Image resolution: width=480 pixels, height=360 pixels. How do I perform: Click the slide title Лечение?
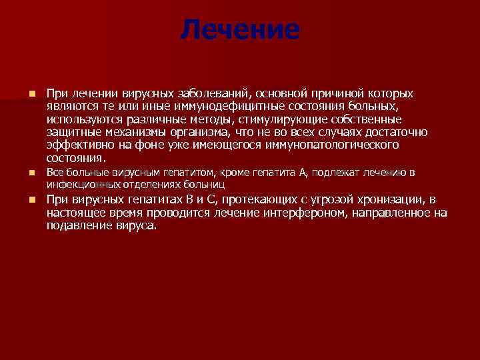tap(240, 29)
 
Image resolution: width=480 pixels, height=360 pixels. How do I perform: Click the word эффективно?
tap(75, 145)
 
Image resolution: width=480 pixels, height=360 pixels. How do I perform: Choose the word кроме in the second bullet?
tap(243, 173)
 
